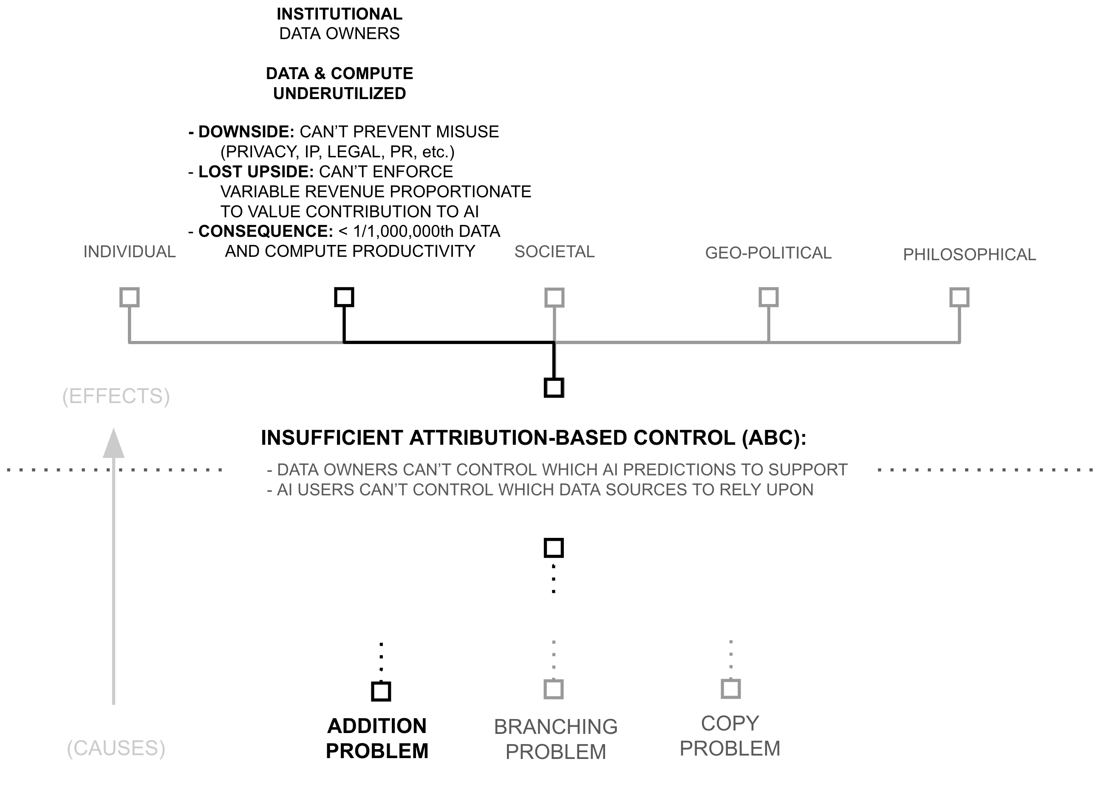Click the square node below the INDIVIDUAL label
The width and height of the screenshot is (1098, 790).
pos(129,297)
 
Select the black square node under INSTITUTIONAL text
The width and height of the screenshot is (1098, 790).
pos(344,297)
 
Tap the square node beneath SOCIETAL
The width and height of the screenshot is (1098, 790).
pos(555,297)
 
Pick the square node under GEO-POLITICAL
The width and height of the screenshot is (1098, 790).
pos(768,297)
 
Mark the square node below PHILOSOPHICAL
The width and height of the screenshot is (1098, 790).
pos(959,297)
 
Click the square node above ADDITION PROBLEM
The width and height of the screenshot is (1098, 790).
pos(381,691)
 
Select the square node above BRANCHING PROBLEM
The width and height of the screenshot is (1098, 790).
pos(554,689)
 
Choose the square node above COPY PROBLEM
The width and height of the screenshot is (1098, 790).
pos(730,688)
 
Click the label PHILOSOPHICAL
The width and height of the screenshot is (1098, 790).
pos(969,255)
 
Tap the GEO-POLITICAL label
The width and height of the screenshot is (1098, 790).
pos(768,253)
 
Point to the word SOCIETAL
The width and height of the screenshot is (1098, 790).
pos(555,252)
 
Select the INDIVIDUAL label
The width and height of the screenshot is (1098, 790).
pos(129,252)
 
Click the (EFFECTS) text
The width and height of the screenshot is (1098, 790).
pos(116,396)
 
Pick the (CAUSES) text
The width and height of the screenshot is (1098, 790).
pos(116,748)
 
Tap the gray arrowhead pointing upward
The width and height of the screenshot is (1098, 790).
pos(114,443)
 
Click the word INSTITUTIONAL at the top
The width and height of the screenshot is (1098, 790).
pos(340,14)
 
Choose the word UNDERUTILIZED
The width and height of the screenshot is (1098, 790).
pos(340,94)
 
